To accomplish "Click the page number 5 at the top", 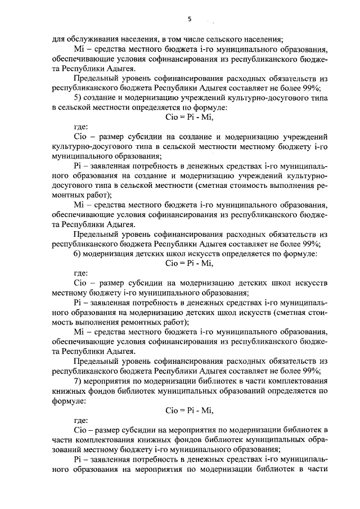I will (190, 19).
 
